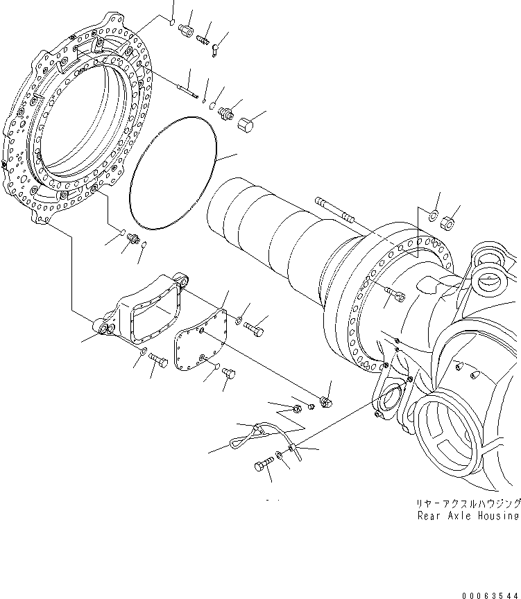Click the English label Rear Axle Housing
click(468, 516)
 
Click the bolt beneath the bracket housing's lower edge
click(157, 361)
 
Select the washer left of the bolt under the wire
click(278, 454)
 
